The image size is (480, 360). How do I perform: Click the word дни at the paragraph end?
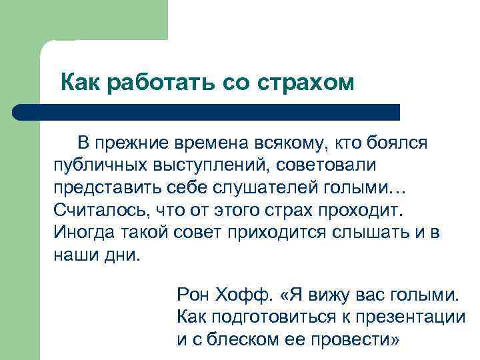pyautogui.click(x=124, y=255)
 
